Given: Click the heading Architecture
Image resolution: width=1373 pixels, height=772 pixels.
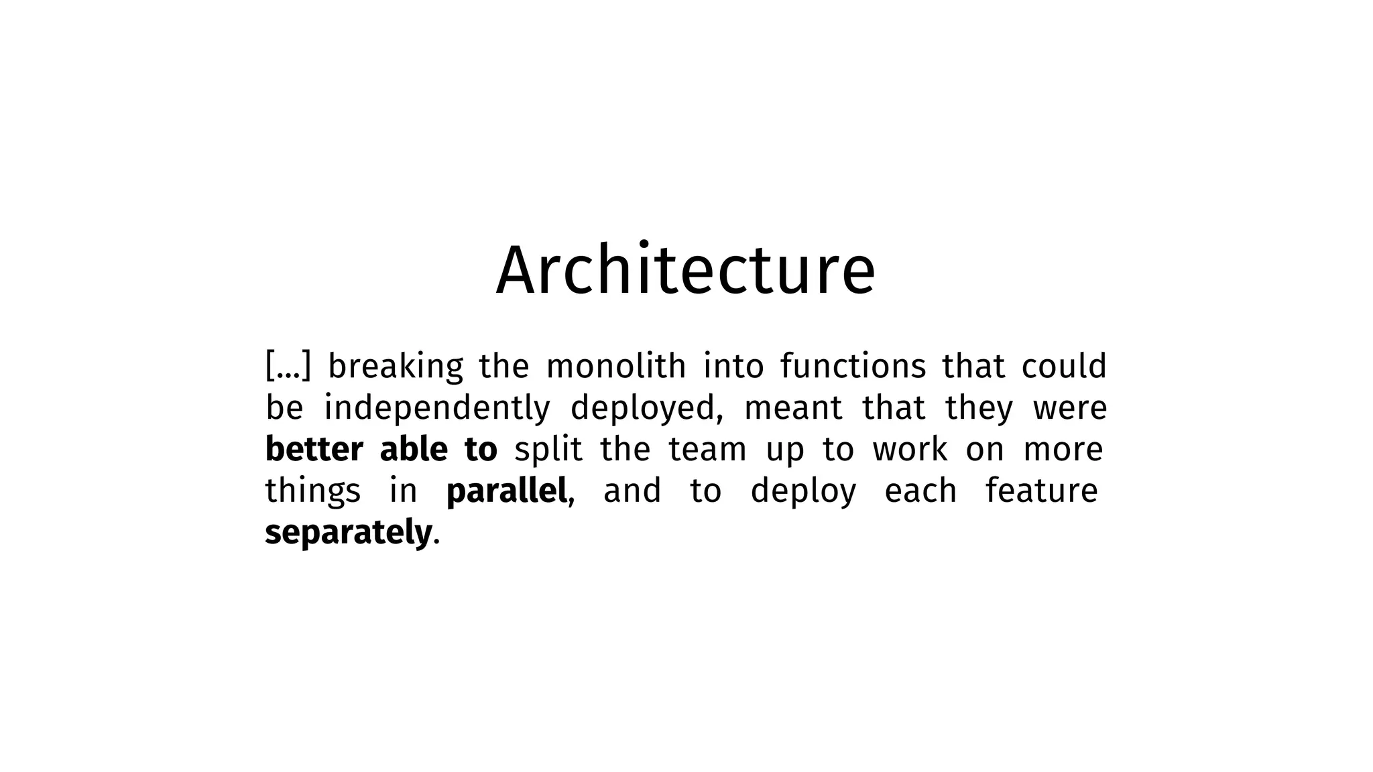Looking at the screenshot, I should [x=686, y=270].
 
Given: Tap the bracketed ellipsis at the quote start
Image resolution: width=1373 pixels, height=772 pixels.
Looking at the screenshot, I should [x=288, y=367].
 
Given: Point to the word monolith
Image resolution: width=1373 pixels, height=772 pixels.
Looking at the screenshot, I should [x=616, y=367].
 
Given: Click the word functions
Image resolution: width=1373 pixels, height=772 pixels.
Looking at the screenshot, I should [x=853, y=367].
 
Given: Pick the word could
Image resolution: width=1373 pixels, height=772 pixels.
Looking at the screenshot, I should [x=1063, y=367].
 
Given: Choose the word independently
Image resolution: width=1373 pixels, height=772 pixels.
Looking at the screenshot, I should [x=437, y=409].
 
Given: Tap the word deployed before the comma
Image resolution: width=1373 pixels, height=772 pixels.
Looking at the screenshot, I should [x=644, y=409].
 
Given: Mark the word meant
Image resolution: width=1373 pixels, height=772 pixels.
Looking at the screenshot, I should [x=793, y=408].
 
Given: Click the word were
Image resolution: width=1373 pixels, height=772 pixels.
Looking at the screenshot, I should [x=1070, y=408].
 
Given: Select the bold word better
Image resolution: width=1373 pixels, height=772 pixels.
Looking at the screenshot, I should [x=314, y=450].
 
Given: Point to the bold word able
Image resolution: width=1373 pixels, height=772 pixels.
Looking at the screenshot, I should [x=414, y=450].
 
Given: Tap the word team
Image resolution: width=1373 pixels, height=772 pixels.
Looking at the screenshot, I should [x=707, y=450].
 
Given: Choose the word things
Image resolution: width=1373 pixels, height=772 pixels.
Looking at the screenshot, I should [x=313, y=492].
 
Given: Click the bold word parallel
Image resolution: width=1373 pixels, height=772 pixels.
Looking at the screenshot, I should [x=507, y=491].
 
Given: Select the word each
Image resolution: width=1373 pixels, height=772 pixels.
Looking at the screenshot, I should [x=920, y=491].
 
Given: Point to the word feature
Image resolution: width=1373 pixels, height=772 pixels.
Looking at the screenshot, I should [x=1041, y=491].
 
